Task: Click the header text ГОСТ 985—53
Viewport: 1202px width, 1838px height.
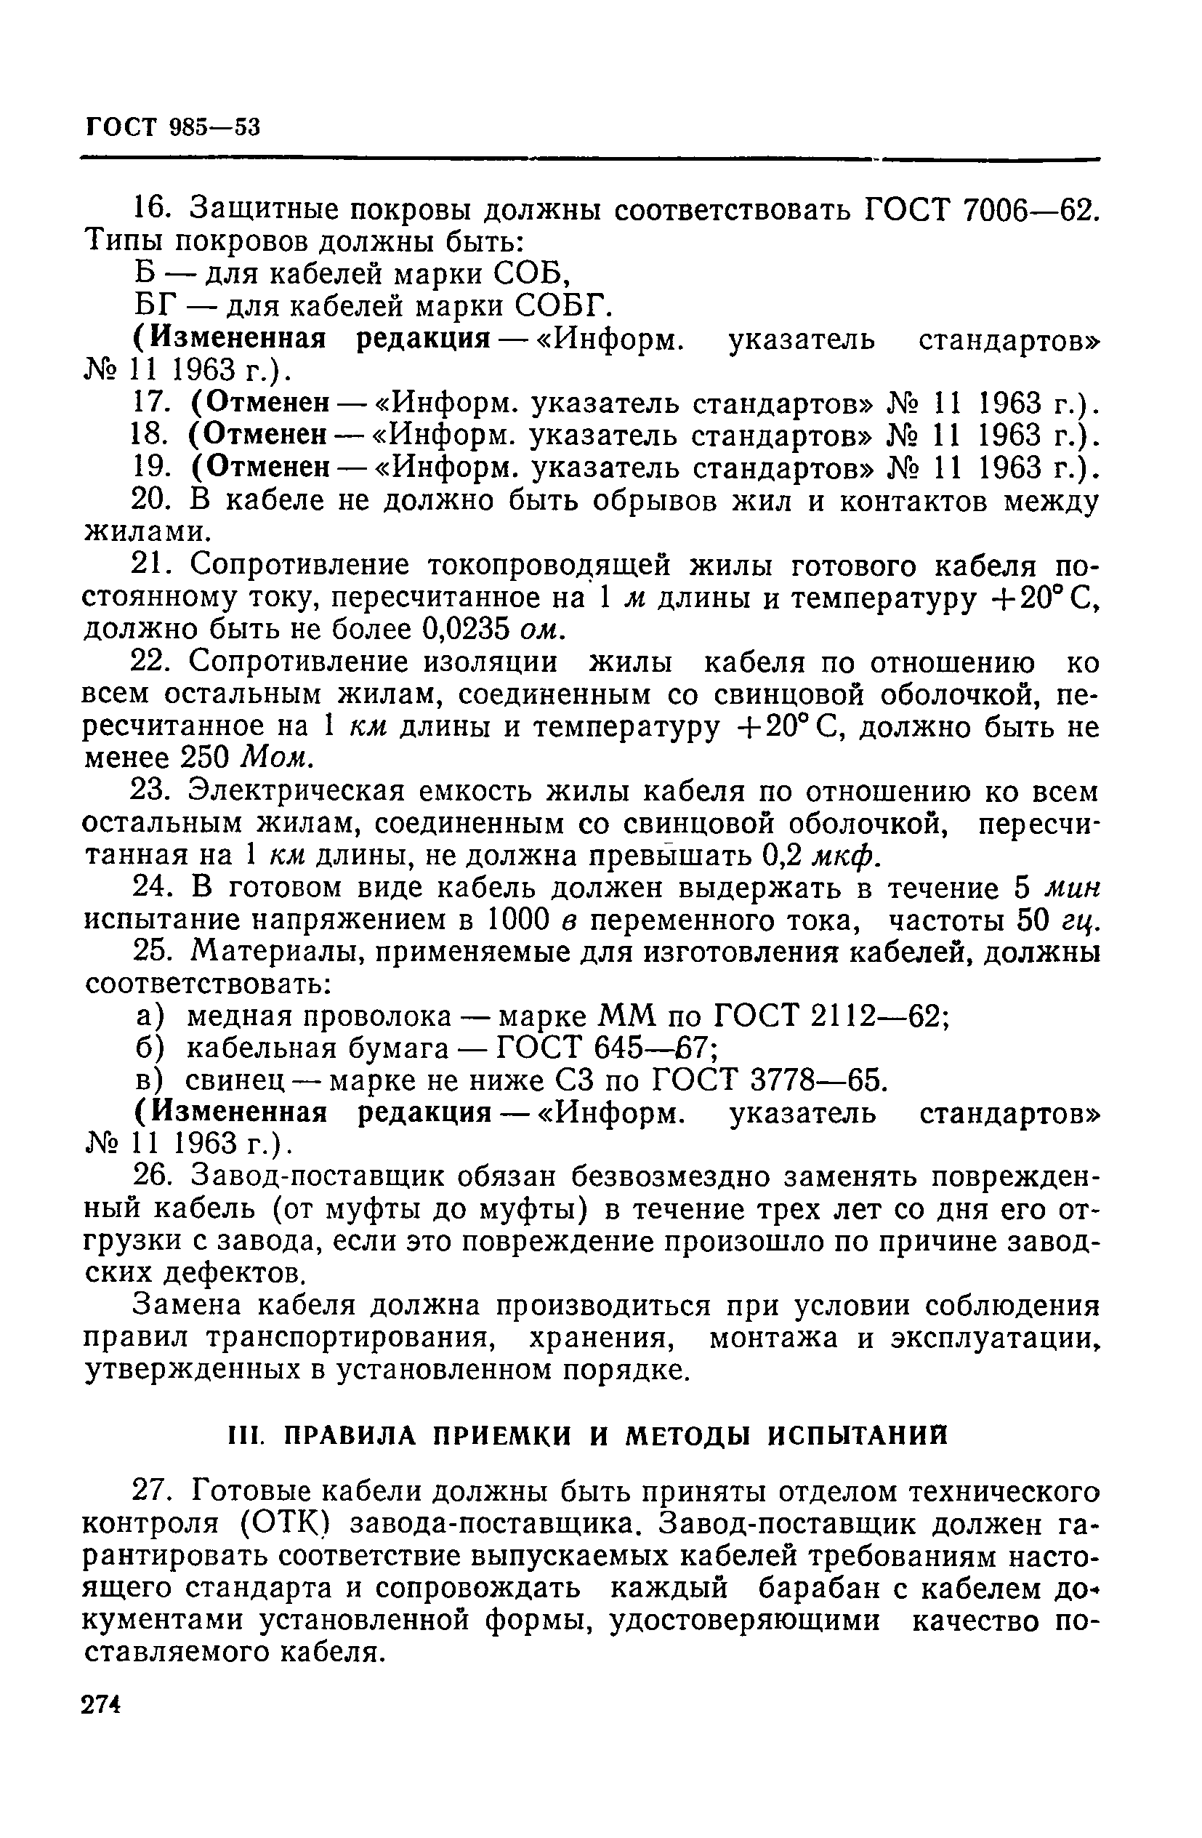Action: point(172,127)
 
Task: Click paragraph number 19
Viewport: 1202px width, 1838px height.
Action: point(151,468)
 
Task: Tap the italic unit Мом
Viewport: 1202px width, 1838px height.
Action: point(276,759)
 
